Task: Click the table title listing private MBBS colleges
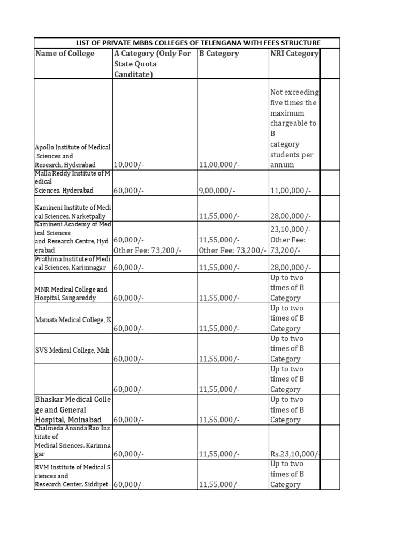[x=187, y=43]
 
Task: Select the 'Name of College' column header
[x=65, y=54]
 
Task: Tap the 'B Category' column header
[x=219, y=54]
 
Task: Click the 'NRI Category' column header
[x=294, y=54]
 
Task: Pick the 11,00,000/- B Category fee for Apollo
[x=217, y=164]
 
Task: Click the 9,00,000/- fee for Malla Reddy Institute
[x=215, y=190]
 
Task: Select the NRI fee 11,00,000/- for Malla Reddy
[x=291, y=190]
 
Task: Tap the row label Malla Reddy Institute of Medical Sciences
[x=72, y=182]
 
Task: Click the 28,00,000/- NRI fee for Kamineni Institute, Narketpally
[x=291, y=216]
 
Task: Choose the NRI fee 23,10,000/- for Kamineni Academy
[x=291, y=230]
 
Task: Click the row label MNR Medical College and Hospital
[x=71, y=293]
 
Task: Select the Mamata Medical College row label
[x=73, y=319]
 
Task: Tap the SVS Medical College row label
[x=72, y=350]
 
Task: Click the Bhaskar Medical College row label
[x=72, y=409]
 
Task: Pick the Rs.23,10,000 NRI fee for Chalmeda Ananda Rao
[x=295, y=454]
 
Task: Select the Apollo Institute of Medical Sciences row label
[x=72, y=155]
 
